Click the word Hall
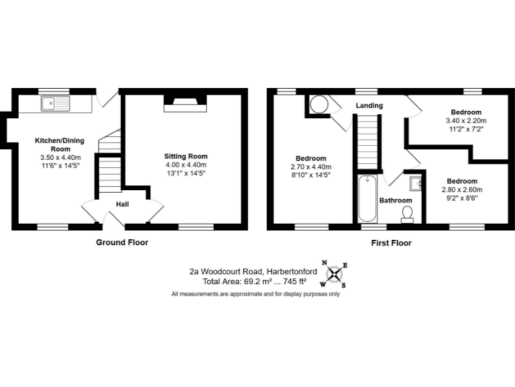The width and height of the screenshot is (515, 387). (x=122, y=204)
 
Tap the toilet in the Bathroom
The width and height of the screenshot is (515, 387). (x=406, y=214)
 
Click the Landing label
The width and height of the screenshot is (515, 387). (x=369, y=105)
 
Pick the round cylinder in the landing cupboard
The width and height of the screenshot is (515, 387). (x=319, y=104)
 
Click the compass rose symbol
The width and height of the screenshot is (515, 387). (x=334, y=275)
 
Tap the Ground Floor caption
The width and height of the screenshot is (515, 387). (x=122, y=243)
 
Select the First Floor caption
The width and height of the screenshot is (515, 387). (x=391, y=243)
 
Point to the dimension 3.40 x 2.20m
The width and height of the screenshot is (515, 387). (x=465, y=120)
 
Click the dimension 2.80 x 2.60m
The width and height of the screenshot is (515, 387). (x=462, y=189)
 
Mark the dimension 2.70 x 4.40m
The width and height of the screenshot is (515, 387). (x=308, y=167)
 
